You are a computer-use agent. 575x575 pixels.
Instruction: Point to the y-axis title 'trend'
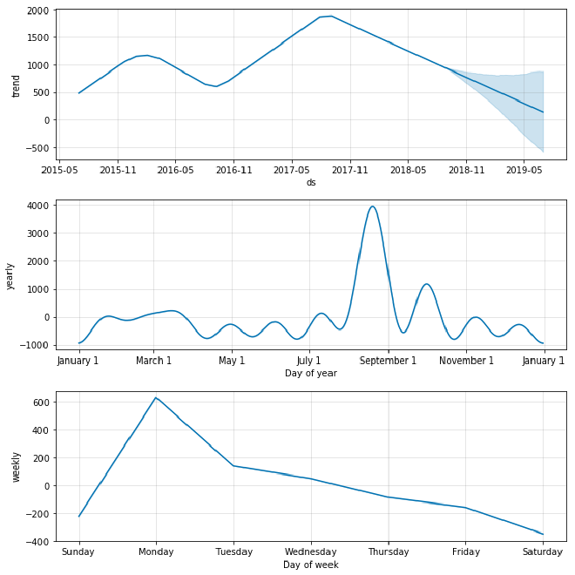(x=17, y=85)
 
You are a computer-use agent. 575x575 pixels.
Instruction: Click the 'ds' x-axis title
(x=311, y=183)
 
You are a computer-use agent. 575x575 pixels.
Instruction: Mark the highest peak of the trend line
(x=329, y=16)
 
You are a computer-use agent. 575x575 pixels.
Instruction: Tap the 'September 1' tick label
(x=388, y=361)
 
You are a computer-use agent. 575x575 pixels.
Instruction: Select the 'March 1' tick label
(x=154, y=361)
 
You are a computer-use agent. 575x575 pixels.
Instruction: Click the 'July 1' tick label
(x=309, y=361)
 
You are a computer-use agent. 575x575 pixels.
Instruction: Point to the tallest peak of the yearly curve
(x=373, y=206)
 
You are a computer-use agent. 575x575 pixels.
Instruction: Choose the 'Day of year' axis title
(x=311, y=374)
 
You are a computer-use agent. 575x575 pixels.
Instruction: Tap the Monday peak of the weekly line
(x=156, y=398)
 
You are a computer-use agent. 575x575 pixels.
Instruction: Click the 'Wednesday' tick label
(x=310, y=551)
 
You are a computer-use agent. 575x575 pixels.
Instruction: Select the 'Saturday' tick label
(x=543, y=551)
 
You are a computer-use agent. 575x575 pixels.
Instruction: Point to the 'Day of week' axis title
(x=311, y=565)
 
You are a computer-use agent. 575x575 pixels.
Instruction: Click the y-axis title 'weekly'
(x=15, y=467)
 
